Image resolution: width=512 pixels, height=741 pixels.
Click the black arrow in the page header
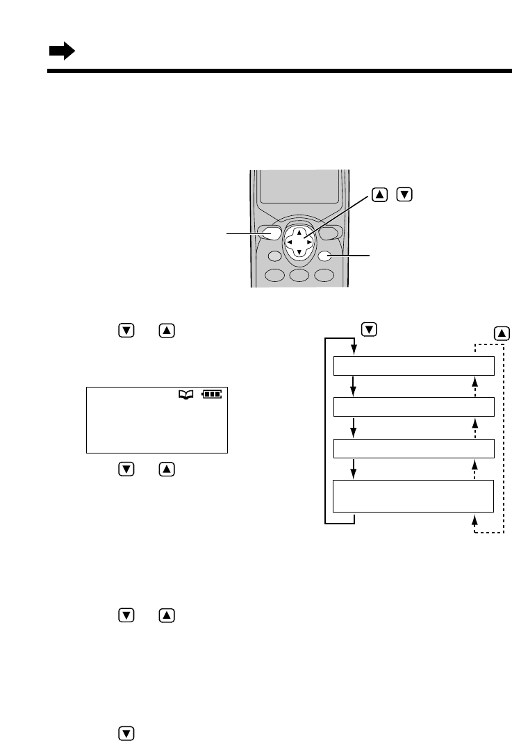[61, 51]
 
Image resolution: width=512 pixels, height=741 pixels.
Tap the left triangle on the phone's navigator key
[289, 242]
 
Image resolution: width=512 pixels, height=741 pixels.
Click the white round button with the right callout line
[324, 256]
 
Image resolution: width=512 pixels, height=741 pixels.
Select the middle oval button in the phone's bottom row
[299, 275]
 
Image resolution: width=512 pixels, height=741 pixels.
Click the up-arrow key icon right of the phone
[380, 195]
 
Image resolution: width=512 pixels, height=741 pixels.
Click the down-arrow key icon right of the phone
[402, 195]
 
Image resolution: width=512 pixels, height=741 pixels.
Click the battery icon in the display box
[212, 394]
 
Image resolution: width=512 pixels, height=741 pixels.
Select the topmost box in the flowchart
[414, 366]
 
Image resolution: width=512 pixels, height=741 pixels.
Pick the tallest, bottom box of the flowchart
[414, 495]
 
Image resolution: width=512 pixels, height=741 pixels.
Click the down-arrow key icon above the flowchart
[370, 329]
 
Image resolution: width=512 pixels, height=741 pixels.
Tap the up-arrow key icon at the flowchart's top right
[502, 333]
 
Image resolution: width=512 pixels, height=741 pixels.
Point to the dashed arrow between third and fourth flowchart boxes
[474, 469]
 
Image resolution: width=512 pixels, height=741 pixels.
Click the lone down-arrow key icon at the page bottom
[126, 732]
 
